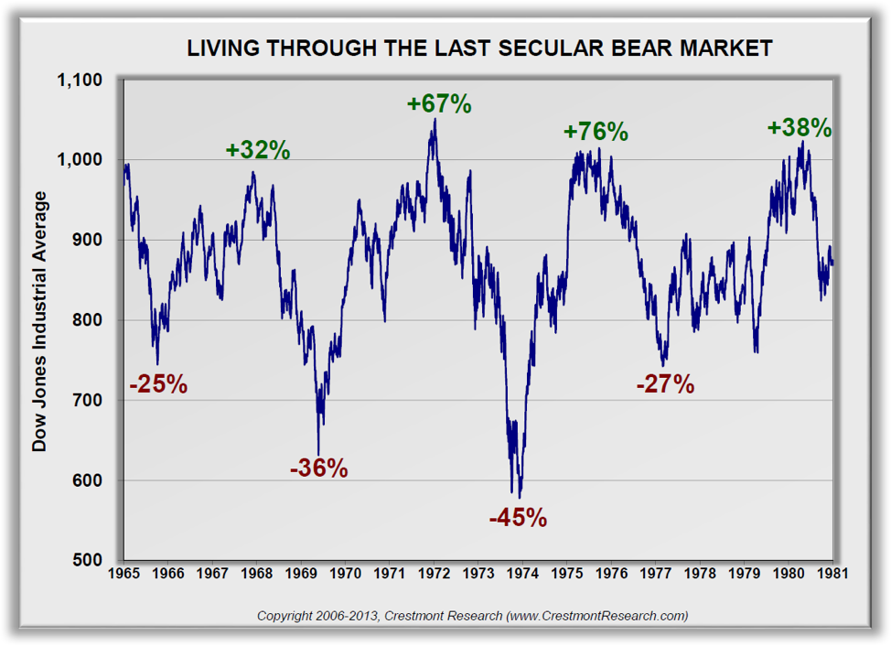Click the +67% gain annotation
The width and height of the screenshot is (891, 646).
439,103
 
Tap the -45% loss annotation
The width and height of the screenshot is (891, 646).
518,518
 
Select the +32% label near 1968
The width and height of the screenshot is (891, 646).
258,149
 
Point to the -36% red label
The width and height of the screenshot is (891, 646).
318,468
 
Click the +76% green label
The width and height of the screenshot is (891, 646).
596,131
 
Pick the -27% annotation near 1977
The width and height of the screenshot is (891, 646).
665,384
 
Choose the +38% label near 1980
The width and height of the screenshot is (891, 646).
800,127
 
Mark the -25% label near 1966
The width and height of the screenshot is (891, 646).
158,384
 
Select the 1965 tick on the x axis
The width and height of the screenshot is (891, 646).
124,574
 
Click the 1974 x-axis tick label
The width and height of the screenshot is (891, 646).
523,574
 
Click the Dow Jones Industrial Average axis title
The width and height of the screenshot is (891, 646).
39,320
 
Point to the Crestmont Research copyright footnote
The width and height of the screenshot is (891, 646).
472,616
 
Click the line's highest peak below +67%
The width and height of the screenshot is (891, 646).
435,120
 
